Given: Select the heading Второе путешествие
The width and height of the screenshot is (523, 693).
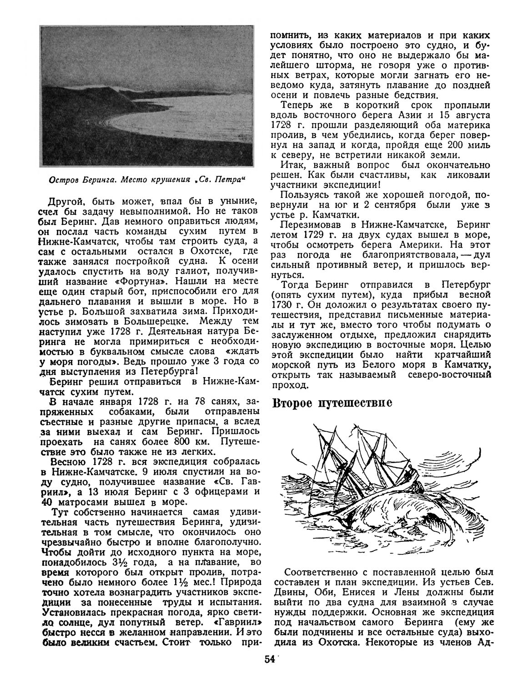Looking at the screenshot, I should tap(331, 403).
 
